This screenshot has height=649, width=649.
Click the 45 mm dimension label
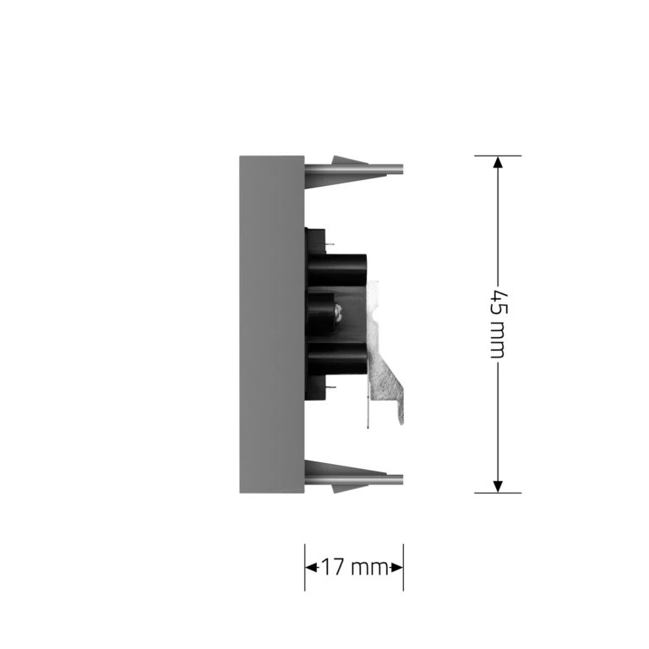(499, 324)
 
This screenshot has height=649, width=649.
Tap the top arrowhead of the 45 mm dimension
(498, 162)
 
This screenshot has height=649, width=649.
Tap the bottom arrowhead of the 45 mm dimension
(498, 487)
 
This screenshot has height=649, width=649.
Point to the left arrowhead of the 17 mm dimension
(311, 567)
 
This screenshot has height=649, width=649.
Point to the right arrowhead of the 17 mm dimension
(396, 567)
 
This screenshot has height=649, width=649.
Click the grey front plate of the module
(272, 324)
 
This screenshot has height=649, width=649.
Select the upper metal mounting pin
(354, 168)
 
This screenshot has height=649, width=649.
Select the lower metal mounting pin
(354, 480)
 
